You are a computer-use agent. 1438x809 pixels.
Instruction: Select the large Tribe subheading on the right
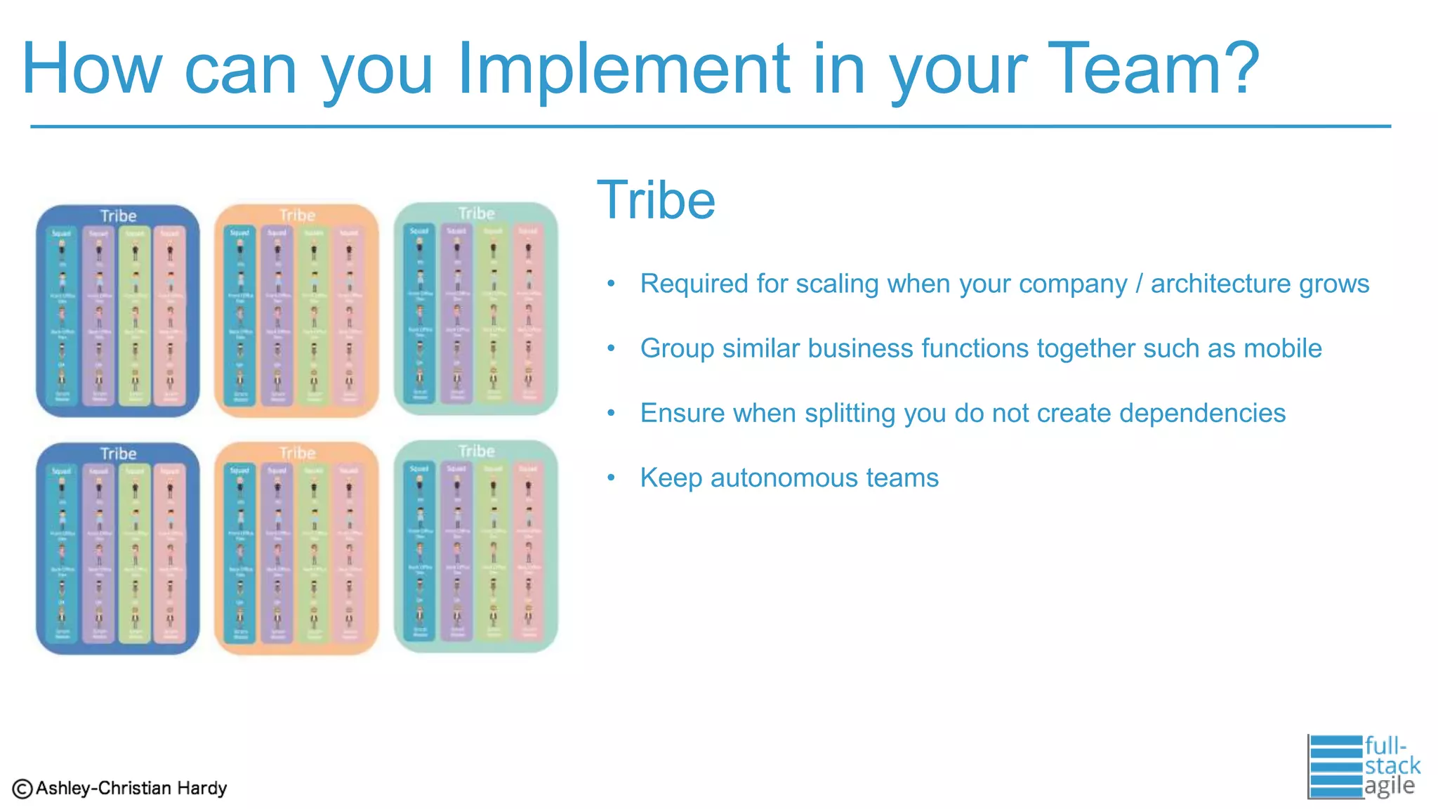pyautogui.click(x=656, y=200)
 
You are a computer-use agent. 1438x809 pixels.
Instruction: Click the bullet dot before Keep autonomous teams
pyautogui.click(x=611, y=478)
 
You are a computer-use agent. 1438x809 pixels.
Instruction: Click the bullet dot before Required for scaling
pyautogui.click(x=611, y=284)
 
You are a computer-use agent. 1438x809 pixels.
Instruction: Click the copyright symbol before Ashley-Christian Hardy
pyautogui.click(x=22, y=789)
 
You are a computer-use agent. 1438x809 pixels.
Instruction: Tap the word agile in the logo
pyautogui.click(x=1389, y=785)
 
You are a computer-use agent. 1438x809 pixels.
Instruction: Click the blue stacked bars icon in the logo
pyautogui.click(x=1335, y=766)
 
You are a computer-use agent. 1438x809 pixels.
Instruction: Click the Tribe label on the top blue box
pyautogui.click(x=118, y=216)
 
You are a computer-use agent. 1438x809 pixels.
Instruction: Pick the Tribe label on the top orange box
pyautogui.click(x=297, y=215)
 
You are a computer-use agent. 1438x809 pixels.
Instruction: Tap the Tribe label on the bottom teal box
pyautogui.click(x=476, y=451)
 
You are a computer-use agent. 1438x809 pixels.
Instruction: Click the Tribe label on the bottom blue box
pyautogui.click(x=118, y=454)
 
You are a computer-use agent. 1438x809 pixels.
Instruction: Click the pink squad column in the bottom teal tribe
pyautogui.click(x=528, y=551)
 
